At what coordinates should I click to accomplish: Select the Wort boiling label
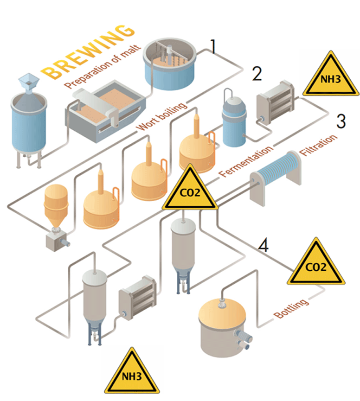(x=162, y=116)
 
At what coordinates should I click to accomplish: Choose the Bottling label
(x=291, y=309)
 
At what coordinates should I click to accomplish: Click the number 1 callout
(x=212, y=46)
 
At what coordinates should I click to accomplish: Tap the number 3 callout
(x=341, y=121)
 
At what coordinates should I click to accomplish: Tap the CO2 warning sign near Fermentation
(x=190, y=191)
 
